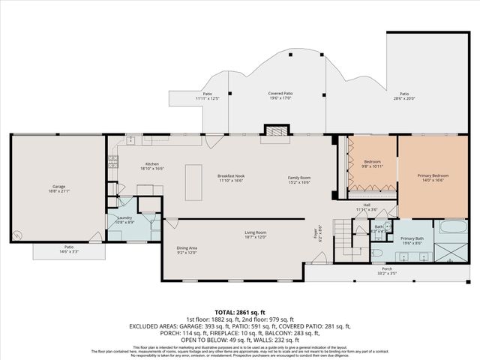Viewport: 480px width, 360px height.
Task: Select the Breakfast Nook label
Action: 231,178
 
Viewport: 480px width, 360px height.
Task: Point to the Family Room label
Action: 299,178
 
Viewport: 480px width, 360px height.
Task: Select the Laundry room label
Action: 124,219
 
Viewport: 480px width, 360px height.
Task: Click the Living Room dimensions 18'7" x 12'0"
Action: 256,238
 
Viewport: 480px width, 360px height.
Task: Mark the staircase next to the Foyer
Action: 343,238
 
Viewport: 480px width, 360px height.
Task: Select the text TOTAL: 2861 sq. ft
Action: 240,311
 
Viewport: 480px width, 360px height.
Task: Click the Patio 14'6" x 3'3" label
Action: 68,248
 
